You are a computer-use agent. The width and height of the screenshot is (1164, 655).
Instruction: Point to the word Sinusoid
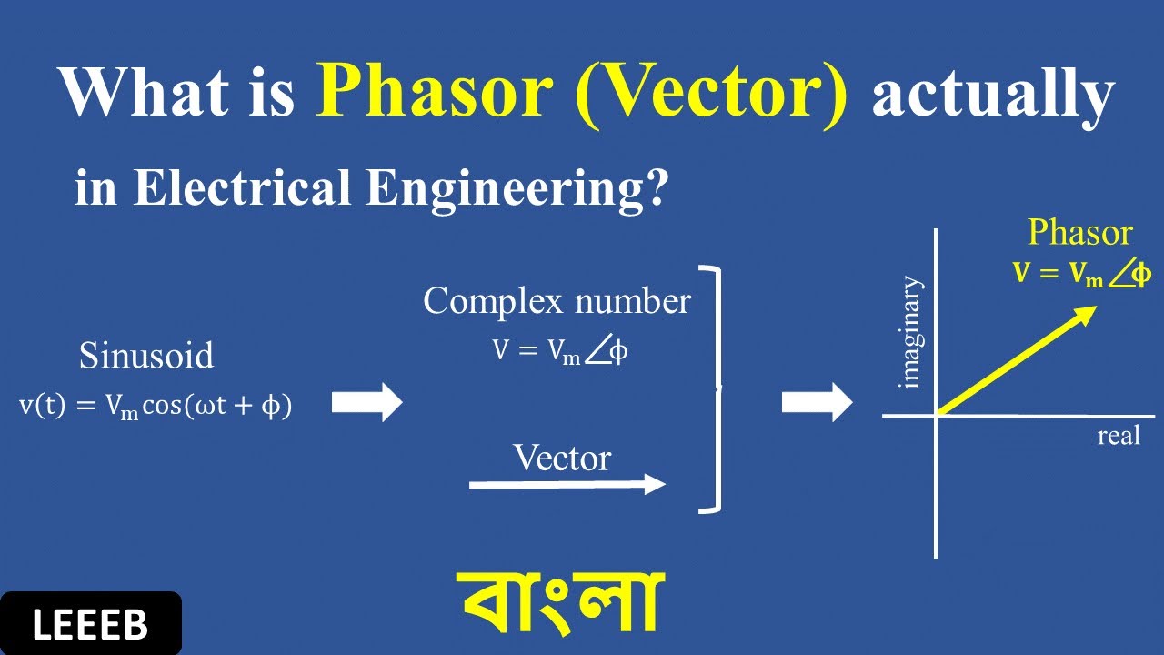pyautogui.click(x=146, y=356)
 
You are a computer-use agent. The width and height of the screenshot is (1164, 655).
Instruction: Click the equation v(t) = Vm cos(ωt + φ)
pyautogui.click(x=156, y=407)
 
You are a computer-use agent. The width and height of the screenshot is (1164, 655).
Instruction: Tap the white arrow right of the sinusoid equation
pyautogui.click(x=366, y=402)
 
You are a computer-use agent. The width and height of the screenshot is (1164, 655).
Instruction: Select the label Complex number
pyautogui.click(x=557, y=301)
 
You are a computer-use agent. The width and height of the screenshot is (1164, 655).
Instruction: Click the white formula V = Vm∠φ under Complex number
pyautogui.click(x=560, y=353)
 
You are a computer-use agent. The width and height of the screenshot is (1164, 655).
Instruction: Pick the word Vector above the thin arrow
pyautogui.click(x=561, y=458)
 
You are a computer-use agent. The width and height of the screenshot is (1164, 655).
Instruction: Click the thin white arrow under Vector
pyautogui.click(x=567, y=485)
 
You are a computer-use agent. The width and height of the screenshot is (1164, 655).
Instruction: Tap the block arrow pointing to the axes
pyautogui.click(x=817, y=402)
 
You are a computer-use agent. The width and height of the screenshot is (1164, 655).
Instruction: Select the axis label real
pyautogui.click(x=1118, y=437)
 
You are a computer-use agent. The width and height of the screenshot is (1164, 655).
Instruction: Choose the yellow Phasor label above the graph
pyautogui.click(x=1079, y=233)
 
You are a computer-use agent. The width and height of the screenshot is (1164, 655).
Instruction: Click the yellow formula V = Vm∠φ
pyautogui.click(x=1081, y=274)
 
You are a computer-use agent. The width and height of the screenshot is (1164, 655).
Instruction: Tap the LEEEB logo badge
pyautogui.click(x=90, y=624)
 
